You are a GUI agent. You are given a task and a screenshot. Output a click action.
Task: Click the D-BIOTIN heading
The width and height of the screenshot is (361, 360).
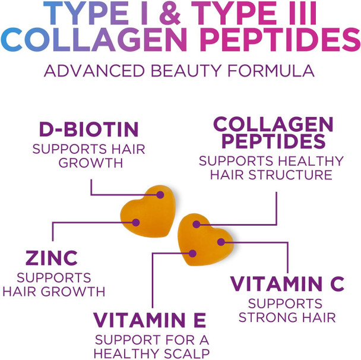click(88, 129)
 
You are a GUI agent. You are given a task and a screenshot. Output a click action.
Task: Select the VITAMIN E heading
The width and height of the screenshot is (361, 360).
click(150, 320)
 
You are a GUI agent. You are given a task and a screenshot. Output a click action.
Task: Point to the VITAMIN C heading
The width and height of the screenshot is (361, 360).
click(287, 283)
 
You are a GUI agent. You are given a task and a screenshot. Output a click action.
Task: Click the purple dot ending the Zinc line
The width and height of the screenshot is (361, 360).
click(135, 222)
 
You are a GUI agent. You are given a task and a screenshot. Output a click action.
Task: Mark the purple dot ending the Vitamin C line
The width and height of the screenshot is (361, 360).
click(220, 242)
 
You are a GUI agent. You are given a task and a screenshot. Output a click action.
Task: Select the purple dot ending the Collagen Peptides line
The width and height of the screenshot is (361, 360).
click(197, 226)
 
